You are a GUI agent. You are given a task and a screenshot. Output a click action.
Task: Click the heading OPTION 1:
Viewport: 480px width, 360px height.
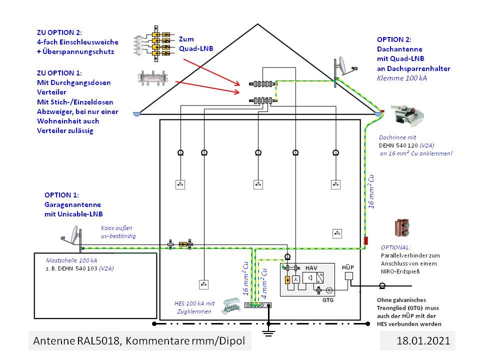61,195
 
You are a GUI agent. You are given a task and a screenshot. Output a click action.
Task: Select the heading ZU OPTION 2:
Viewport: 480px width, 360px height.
59,31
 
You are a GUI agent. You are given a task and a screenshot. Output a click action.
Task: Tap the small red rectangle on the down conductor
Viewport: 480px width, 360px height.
365,240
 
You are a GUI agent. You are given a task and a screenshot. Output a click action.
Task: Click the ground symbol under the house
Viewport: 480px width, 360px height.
269,332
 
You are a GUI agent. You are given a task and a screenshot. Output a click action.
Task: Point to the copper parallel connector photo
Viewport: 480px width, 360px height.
401,228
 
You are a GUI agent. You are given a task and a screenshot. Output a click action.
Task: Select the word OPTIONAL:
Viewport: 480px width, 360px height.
396,247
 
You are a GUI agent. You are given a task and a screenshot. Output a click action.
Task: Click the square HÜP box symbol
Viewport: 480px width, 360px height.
349,276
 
